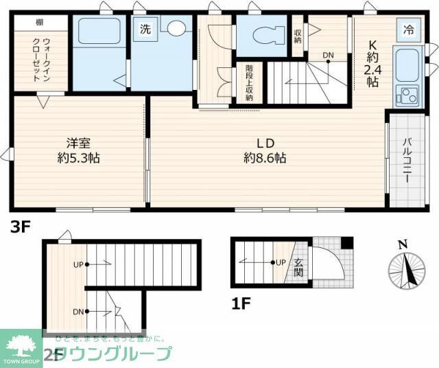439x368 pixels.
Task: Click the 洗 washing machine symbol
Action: (145, 30)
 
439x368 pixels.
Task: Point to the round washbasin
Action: (178, 29)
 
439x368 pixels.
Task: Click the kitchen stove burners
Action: (406, 95)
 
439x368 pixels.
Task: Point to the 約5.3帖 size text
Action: (78, 158)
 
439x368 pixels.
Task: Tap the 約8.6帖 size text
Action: (265, 158)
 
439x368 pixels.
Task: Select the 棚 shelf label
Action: (40, 22)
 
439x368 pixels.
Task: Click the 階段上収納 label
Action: (248, 83)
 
